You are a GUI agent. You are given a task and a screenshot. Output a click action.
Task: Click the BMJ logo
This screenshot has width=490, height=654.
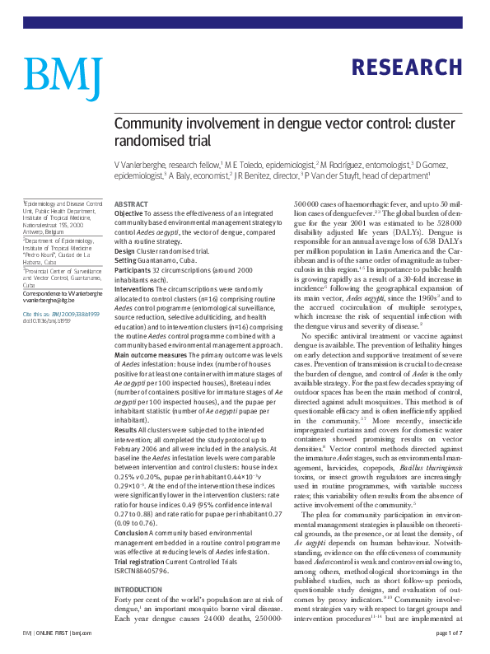[62, 75]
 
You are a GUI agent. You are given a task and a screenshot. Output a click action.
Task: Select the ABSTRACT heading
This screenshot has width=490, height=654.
[131, 203]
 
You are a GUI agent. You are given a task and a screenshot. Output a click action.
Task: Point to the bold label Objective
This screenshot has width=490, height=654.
[130, 213]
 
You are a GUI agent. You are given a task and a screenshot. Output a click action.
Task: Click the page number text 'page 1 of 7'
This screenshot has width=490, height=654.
[447, 633]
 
